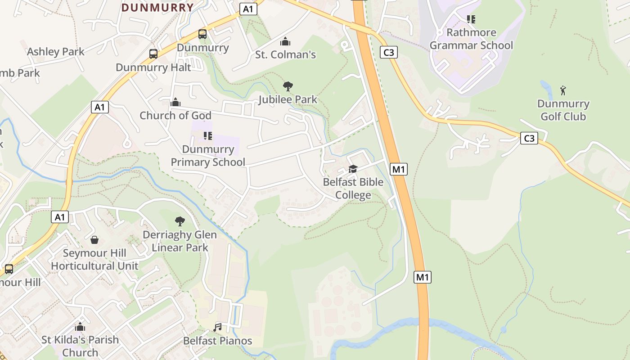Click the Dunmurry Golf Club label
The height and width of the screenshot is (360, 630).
coord(563,110)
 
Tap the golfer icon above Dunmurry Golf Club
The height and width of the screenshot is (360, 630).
coord(563,90)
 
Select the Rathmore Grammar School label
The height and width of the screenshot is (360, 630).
coord(471,39)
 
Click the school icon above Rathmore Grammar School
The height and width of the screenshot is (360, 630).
coord(471,19)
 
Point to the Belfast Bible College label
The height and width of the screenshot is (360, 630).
coord(353,189)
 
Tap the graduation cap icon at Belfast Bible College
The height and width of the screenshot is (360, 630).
coord(353,169)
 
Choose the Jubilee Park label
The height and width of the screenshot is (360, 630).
coord(288,99)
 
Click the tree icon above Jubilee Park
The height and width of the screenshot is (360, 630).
coord(288,86)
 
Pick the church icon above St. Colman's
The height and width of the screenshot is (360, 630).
coord(285,42)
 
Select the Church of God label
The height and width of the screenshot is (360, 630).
coord(175,116)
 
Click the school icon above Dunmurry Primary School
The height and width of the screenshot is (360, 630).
coord(207,135)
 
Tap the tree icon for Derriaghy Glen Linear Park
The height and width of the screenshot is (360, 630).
coord(180,221)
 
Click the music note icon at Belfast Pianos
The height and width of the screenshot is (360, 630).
coord(218,327)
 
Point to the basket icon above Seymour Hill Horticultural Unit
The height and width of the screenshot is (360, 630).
coord(94,239)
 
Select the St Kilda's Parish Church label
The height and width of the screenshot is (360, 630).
coord(80,346)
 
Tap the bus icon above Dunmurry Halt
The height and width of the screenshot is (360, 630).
coord(153,54)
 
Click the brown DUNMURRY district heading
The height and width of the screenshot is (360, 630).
coord(157,8)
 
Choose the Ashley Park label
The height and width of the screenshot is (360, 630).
coord(56,52)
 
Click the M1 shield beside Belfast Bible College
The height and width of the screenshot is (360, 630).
coord(399,169)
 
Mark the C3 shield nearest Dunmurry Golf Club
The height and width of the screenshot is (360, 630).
coord(529,138)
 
